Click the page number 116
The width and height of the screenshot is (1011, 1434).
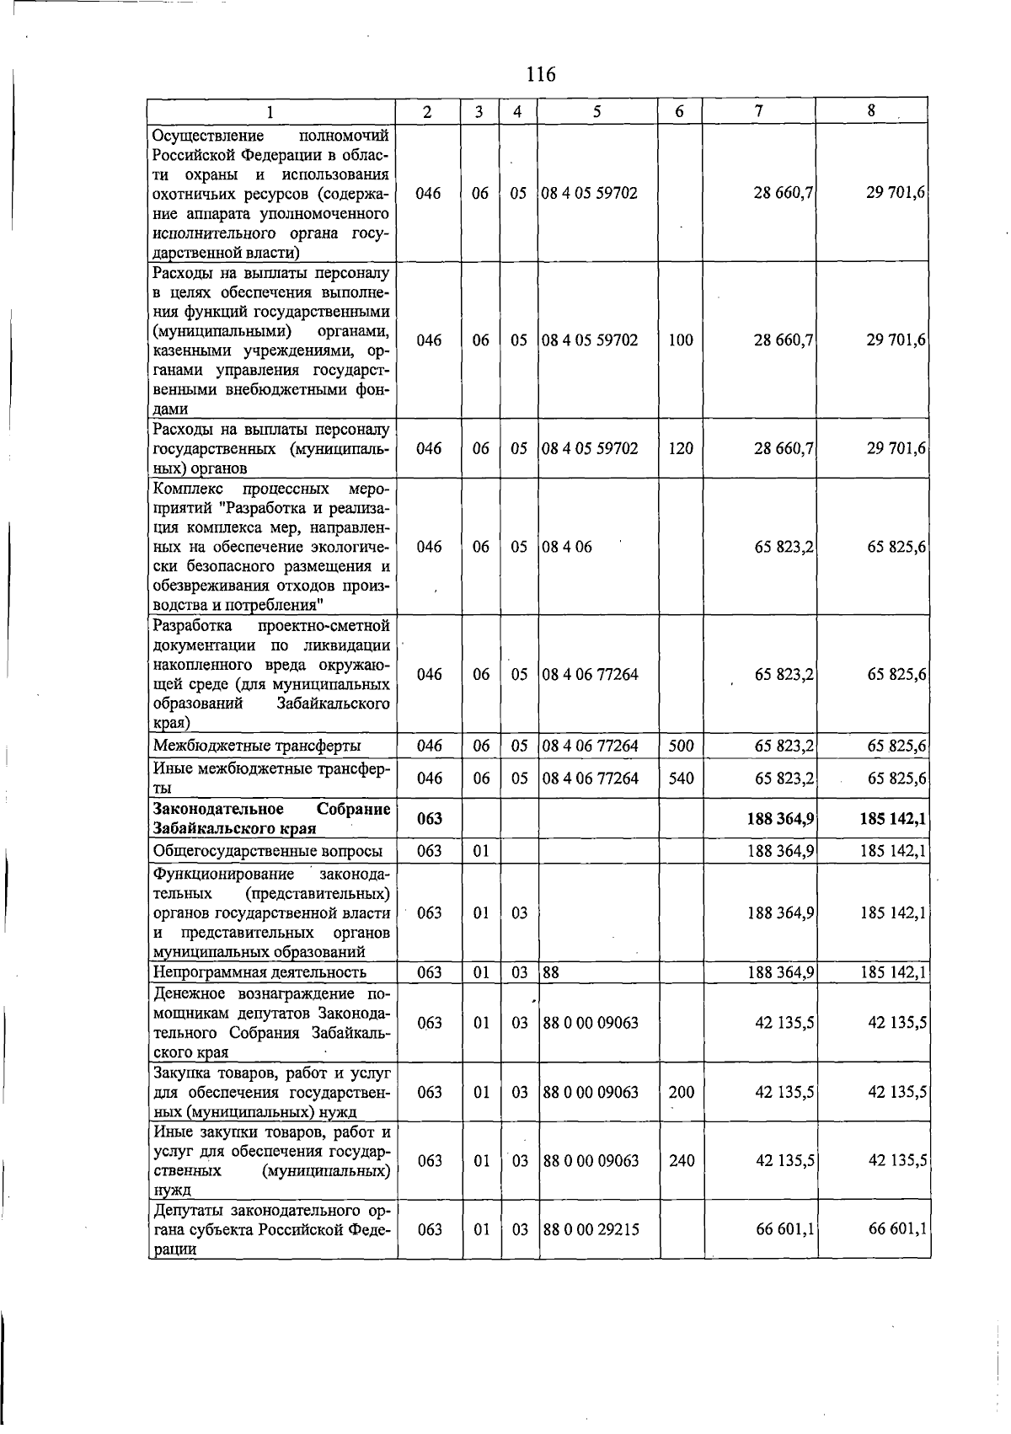pos(541,74)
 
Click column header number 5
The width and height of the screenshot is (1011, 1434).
pos(596,111)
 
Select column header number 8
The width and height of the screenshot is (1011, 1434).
pos(871,110)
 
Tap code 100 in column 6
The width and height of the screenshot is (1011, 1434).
pos(681,340)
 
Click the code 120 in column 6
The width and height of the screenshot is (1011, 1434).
pos(681,448)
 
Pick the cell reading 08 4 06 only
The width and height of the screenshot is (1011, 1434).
pos(567,548)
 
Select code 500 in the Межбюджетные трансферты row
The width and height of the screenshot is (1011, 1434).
pos(681,746)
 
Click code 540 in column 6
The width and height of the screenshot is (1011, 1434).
pos(681,779)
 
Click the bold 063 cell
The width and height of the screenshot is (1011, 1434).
pos(429,819)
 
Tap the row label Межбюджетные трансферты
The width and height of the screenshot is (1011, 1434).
pos(257,746)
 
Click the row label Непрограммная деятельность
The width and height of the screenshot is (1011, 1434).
pos(259,972)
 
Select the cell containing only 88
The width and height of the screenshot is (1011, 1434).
pos(551,972)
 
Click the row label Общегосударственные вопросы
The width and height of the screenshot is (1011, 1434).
pos(267,851)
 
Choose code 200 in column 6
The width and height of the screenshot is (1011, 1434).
pos(681,1092)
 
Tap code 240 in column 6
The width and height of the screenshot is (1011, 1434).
pos(681,1161)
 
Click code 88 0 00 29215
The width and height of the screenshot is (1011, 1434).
pos(591,1230)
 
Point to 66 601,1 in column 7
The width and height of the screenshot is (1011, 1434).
pos(784,1230)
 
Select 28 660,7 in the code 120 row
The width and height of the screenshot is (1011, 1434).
pos(784,448)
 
